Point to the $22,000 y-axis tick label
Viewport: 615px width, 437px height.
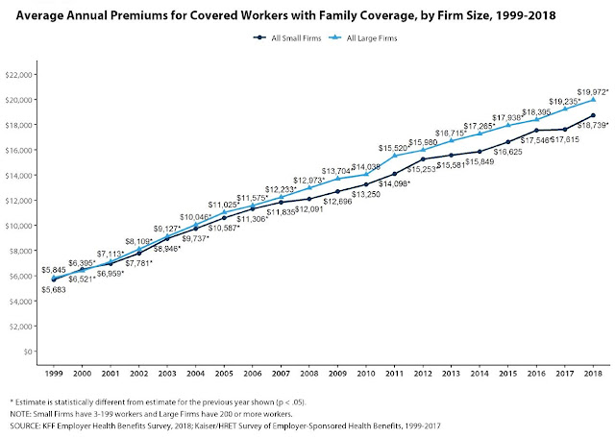point(21,74)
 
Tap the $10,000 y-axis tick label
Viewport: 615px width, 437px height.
point(21,226)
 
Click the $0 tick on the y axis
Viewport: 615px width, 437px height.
point(29,352)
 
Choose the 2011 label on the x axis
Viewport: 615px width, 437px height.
point(394,371)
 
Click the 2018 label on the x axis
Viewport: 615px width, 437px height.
point(593,371)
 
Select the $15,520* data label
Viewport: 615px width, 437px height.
point(396,147)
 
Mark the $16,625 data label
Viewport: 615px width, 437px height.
point(507,152)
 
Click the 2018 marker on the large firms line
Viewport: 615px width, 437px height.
point(593,99)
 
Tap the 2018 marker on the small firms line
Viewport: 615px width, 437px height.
point(593,115)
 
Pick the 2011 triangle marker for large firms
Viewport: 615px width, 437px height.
point(394,156)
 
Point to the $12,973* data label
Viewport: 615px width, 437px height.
point(310,179)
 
